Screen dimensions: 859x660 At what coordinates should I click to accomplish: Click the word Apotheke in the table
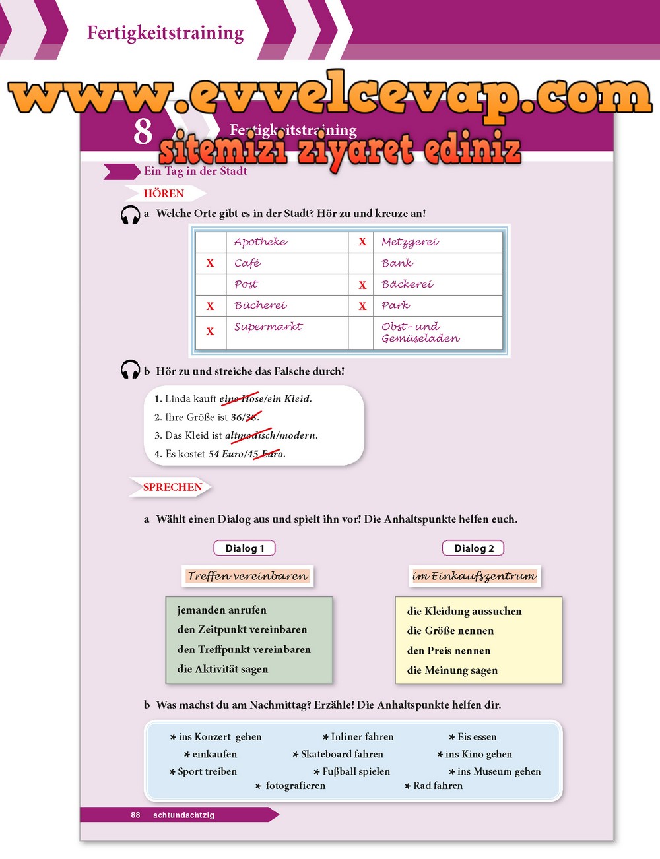(x=261, y=242)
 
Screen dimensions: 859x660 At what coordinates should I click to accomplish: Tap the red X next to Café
(x=210, y=263)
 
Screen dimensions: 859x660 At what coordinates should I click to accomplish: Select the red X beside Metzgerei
(x=362, y=242)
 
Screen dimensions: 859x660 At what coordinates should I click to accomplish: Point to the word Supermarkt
(x=268, y=327)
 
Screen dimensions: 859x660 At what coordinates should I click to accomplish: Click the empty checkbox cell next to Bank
(x=361, y=263)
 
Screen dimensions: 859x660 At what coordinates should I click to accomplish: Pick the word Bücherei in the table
(x=261, y=305)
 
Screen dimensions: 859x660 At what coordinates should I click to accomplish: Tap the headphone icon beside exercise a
(x=130, y=215)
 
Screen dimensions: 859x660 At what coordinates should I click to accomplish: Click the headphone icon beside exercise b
(x=130, y=370)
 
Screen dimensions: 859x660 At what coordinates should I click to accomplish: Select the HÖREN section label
(x=164, y=193)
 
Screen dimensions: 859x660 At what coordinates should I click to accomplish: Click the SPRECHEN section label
(x=172, y=487)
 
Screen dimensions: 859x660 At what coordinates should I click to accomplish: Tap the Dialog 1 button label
(x=244, y=548)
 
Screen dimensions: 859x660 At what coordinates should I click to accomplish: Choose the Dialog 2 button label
(x=473, y=548)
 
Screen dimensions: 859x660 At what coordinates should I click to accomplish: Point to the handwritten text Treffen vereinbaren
(x=247, y=576)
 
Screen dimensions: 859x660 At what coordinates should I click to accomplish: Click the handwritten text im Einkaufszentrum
(x=475, y=576)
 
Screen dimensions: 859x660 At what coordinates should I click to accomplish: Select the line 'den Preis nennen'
(x=449, y=651)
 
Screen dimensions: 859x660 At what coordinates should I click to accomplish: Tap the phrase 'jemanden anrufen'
(x=222, y=610)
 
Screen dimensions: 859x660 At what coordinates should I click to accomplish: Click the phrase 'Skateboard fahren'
(x=341, y=754)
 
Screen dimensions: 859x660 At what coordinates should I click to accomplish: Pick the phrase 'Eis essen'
(x=477, y=737)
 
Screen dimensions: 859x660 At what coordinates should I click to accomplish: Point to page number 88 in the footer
(x=135, y=815)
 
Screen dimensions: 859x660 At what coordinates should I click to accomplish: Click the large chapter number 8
(x=143, y=131)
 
